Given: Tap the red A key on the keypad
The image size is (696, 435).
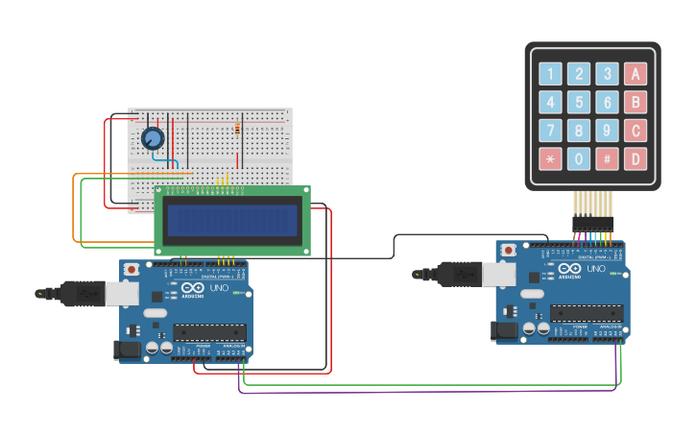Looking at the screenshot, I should pyautogui.click(x=635, y=74).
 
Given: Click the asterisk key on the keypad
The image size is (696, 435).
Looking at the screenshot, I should pyautogui.click(x=550, y=158).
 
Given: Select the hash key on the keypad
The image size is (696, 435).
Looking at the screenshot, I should pyautogui.click(x=607, y=158).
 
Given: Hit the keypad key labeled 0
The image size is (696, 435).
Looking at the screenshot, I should pyautogui.click(x=578, y=158).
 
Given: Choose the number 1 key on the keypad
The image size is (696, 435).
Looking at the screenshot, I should pyautogui.click(x=550, y=74).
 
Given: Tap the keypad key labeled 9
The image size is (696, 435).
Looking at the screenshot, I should pyautogui.click(x=607, y=131).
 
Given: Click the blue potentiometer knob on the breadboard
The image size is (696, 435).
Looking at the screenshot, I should pyautogui.click(x=152, y=139).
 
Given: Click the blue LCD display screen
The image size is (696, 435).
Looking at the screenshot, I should pyautogui.click(x=231, y=221).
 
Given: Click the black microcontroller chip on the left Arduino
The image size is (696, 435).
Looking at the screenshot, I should pyautogui.click(x=209, y=333).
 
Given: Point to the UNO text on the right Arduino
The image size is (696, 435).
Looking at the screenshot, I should pyautogui.click(x=596, y=270).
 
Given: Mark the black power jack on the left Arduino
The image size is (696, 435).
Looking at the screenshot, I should pyautogui.click(x=126, y=350).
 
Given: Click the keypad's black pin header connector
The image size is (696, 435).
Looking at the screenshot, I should pyautogui.click(x=592, y=223).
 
